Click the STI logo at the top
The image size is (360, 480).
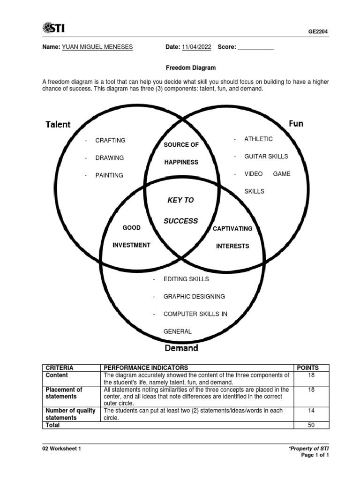tap(56, 29)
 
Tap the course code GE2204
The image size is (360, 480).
tap(318, 31)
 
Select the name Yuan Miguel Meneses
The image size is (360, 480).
tap(97, 47)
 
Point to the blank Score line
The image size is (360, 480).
tap(256, 47)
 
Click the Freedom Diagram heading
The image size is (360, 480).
tap(185, 68)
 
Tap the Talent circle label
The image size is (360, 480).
tap(58, 124)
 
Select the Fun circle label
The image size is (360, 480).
tap(296, 123)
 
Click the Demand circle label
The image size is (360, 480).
tap(181, 348)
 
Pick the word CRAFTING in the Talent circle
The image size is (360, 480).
tap(110, 140)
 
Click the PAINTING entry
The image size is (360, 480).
tap(109, 175)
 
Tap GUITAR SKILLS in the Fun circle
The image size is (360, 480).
tap(266, 156)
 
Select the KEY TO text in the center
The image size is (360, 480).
tap(180, 200)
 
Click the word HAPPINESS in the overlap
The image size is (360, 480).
tap(181, 162)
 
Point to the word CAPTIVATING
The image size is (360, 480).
tap(232, 229)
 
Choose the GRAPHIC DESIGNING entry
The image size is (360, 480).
tap(194, 296)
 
